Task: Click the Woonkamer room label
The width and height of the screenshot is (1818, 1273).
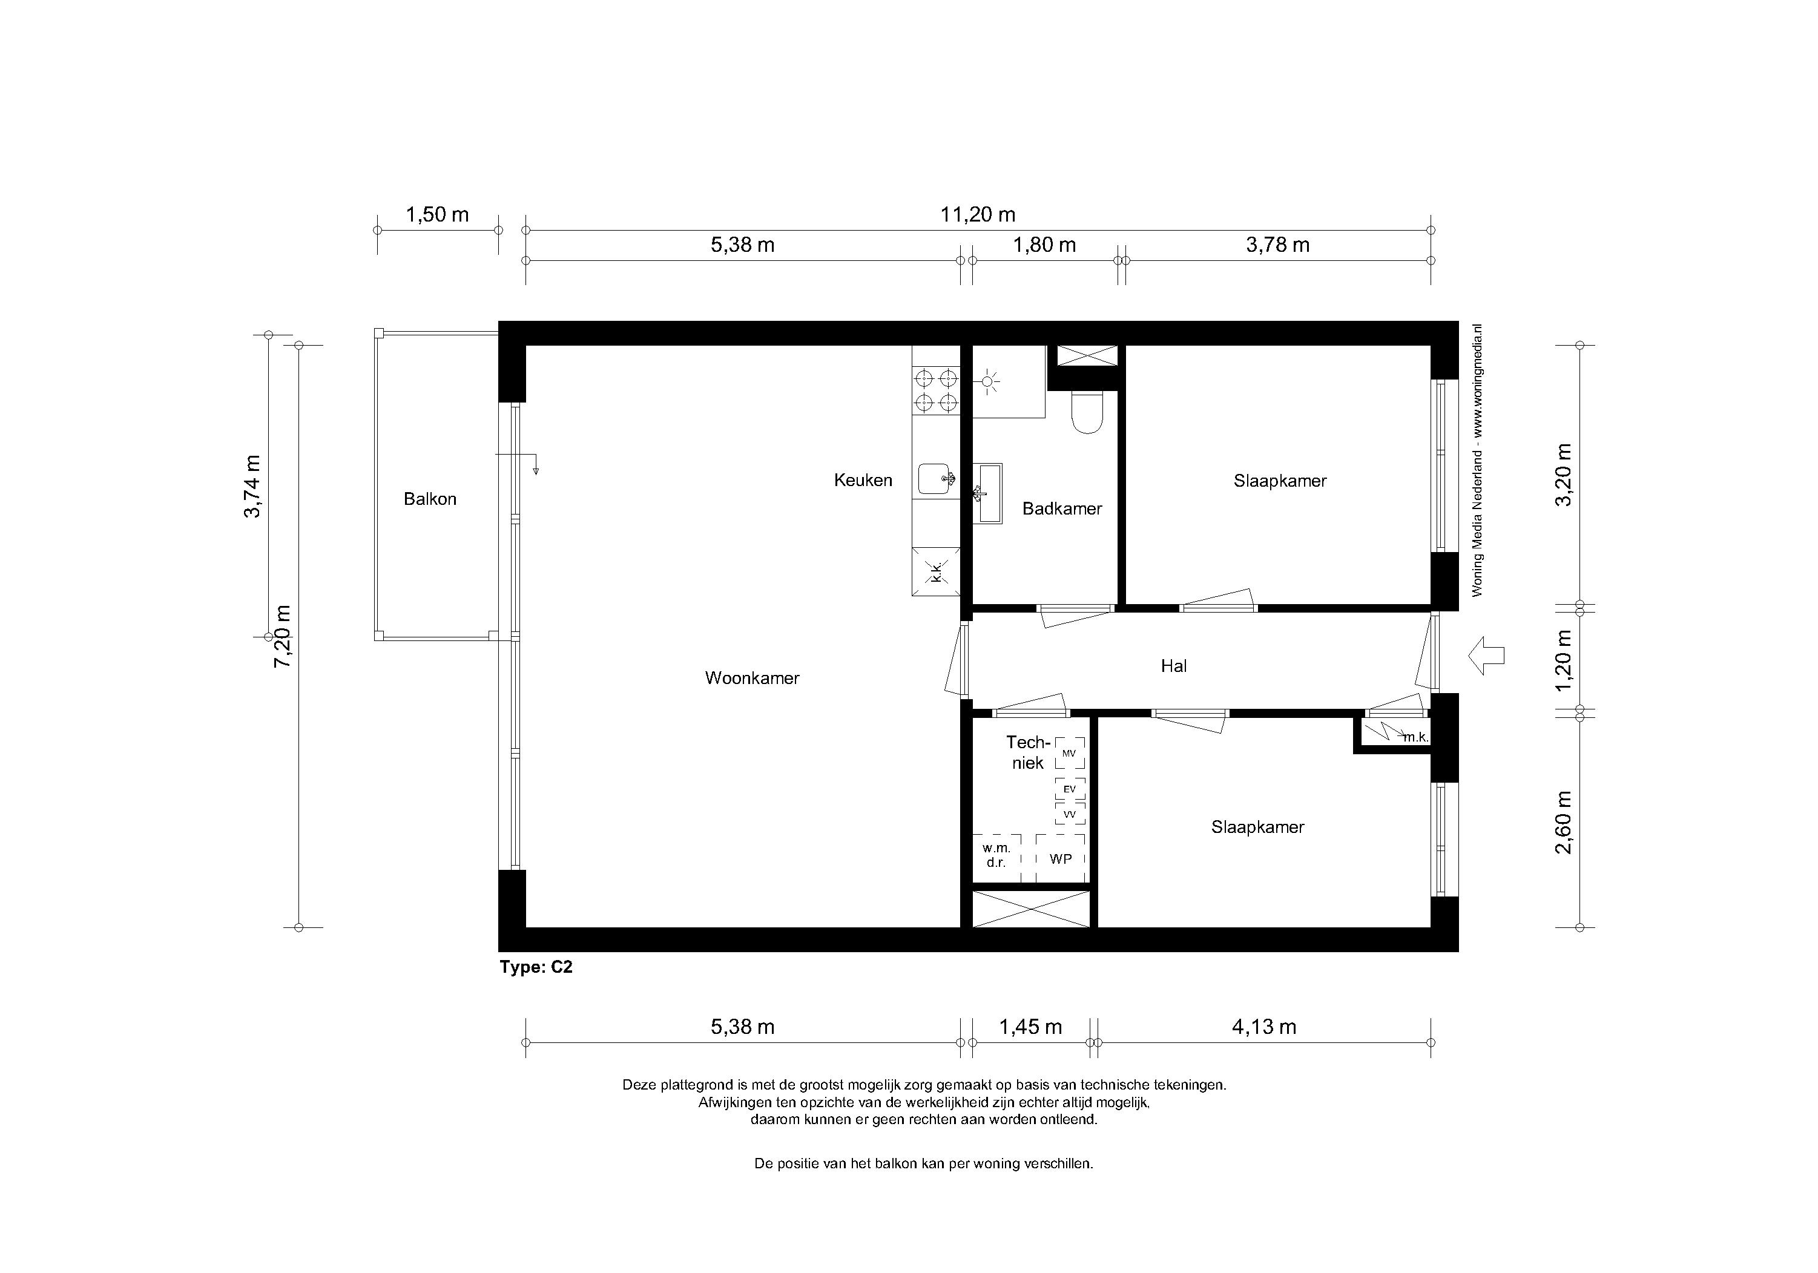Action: point(753,678)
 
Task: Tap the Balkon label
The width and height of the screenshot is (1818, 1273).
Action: point(430,499)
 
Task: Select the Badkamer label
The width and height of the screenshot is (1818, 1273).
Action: point(1062,508)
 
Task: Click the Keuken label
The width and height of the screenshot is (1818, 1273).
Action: point(863,480)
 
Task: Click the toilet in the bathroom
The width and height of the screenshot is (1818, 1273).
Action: point(1085,412)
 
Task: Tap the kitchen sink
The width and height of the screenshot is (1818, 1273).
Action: point(936,479)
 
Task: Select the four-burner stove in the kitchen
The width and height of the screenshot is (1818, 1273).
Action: point(936,391)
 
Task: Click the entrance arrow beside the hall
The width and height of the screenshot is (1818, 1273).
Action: point(1486,656)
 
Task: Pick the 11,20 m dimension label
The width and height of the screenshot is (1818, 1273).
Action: point(977,214)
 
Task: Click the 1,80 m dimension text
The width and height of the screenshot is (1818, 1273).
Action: point(1044,245)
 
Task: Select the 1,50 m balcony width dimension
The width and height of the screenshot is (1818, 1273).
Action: point(437,214)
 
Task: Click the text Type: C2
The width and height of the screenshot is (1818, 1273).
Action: point(536,967)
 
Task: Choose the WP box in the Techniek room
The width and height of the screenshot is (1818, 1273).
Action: point(1060,858)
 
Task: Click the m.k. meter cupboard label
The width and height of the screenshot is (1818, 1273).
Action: point(1416,737)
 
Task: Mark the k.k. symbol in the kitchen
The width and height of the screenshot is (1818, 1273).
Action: point(936,571)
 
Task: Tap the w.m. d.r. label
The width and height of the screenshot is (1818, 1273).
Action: point(996,855)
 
